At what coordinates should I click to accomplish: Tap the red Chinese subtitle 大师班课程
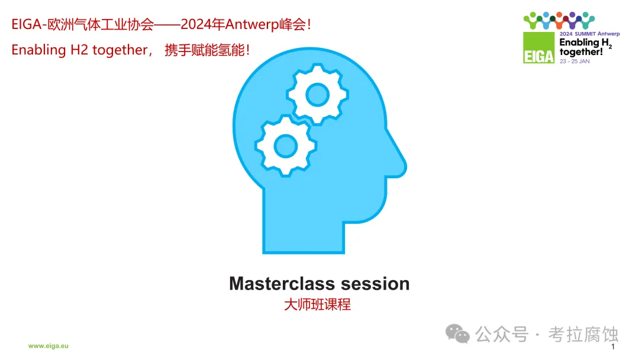pos(317,304)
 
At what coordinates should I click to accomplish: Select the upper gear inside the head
pos(318,94)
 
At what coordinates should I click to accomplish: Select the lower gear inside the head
pos(286,146)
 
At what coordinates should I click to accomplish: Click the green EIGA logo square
pos(539,48)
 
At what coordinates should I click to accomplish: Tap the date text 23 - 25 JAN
pos(575,61)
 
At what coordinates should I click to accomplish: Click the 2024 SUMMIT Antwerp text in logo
pos(590,34)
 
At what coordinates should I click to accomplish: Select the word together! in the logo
pos(581,52)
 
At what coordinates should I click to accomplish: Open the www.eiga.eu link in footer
pos(49,346)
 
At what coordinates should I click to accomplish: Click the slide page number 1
pos(613,346)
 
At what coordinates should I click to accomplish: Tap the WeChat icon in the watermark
pos(457,334)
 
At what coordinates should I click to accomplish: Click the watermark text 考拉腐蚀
pos(583,335)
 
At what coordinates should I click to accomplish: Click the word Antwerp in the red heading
pos(252,24)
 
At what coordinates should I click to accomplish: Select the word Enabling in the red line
pos(38,50)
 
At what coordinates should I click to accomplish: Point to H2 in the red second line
pos(79,50)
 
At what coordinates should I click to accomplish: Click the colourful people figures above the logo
pos(559,20)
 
